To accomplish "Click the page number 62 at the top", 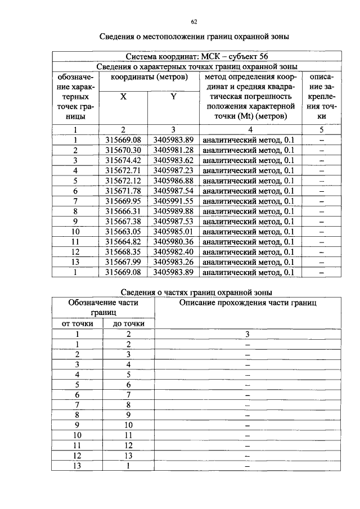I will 193,21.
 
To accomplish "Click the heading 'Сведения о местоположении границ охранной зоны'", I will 195,38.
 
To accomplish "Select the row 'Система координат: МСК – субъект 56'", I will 197,57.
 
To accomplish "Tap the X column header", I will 123,97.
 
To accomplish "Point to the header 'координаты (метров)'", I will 148,76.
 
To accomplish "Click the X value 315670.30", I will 123,150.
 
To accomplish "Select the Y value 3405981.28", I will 173,150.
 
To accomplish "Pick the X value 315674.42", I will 123,160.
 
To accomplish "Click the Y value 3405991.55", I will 173,201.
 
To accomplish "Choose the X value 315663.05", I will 123,231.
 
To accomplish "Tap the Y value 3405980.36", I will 173,241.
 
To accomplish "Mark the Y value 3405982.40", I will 173,251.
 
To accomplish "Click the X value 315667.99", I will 123,262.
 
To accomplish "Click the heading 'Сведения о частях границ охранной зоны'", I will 197,292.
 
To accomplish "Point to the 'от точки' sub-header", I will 77,323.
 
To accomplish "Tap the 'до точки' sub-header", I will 128,323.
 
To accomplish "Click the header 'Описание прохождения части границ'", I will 247,303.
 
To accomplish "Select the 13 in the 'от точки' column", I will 77,466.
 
